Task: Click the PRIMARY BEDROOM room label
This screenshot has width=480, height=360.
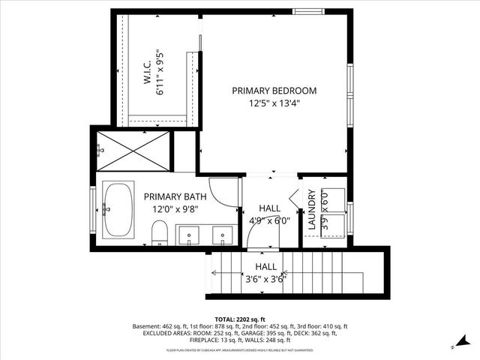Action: (x=274, y=91)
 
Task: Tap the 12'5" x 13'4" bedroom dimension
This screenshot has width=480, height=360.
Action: (x=274, y=104)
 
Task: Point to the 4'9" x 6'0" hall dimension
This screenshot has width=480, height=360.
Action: (x=269, y=221)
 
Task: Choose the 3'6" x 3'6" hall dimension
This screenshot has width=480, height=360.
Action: (x=265, y=280)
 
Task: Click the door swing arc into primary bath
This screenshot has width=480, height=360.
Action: (x=221, y=191)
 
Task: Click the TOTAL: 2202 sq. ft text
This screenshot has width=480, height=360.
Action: (x=240, y=319)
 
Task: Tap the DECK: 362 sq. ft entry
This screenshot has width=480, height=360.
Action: (x=309, y=333)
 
